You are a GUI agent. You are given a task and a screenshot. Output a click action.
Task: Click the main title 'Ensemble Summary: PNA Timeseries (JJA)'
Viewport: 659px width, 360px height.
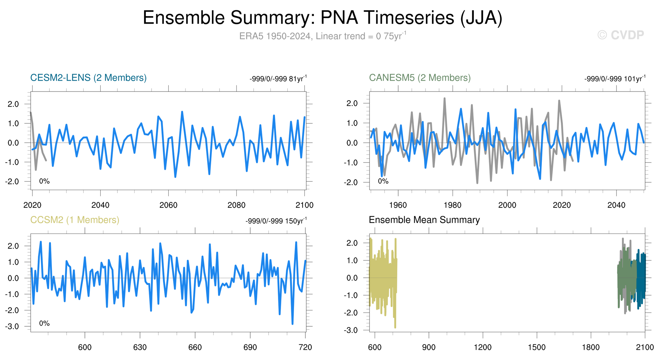[x=322, y=18]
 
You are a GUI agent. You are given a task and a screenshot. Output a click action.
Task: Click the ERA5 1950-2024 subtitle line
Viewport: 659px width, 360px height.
[x=322, y=36]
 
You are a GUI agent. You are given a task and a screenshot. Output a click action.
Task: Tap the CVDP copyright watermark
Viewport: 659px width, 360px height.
[x=620, y=35]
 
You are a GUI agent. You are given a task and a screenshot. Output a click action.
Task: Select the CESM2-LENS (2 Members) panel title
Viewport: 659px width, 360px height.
[x=88, y=78]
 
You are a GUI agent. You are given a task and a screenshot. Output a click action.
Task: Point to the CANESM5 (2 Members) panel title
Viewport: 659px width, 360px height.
[x=420, y=78]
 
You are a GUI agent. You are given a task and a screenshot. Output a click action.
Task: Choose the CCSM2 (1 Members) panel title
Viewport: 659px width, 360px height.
[x=75, y=220]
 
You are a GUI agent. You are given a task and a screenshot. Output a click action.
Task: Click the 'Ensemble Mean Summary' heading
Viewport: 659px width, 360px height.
[x=424, y=220]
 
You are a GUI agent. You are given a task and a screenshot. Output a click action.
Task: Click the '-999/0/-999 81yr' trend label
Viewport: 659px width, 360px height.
[x=278, y=79]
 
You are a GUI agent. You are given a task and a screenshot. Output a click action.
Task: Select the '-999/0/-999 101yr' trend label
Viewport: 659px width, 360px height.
[x=614, y=79]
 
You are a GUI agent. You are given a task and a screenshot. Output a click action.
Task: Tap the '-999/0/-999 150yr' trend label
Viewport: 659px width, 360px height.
[x=276, y=221]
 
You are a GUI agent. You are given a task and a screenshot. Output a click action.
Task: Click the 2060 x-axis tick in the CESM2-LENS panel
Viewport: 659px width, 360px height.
[x=168, y=205]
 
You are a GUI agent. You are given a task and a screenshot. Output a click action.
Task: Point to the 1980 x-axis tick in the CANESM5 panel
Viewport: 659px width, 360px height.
[x=452, y=205]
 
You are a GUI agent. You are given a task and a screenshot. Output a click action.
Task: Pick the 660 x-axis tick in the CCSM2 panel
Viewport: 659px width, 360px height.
[x=195, y=347]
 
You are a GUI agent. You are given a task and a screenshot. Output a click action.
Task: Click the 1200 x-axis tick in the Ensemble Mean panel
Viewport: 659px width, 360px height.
[x=483, y=347]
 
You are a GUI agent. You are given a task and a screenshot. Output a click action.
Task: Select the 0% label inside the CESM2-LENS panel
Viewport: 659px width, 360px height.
[x=44, y=181]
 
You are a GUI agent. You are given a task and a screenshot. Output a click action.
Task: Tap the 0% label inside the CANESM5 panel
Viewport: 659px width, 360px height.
[x=383, y=181]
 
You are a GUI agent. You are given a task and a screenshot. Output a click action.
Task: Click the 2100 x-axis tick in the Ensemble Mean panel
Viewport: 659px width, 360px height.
[x=645, y=347]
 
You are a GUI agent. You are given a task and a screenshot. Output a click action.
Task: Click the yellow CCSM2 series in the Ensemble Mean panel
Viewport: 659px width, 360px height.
[x=383, y=277]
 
